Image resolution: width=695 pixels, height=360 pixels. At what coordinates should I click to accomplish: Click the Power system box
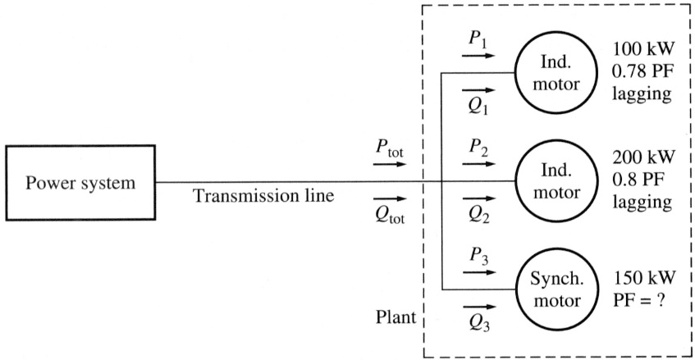(80, 182)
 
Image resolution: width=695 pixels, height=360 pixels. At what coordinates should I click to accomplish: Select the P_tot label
(389, 149)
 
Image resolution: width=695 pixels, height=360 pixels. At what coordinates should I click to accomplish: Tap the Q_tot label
(389, 216)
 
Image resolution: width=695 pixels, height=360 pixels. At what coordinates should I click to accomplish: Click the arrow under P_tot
(389, 163)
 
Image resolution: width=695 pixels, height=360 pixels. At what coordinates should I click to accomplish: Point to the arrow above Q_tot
(389, 199)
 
